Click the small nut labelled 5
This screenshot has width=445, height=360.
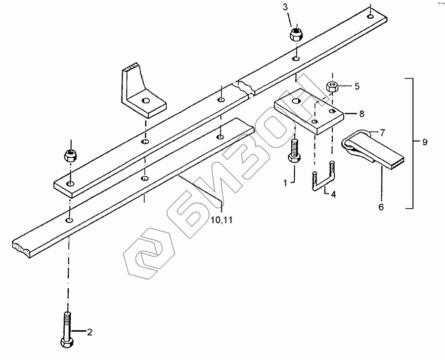click(332, 87)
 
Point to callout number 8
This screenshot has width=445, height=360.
click(361, 113)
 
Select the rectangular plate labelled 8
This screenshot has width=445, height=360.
click(309, 113)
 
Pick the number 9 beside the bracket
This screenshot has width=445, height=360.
click(425, 142)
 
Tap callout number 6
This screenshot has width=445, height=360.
click(381, 207)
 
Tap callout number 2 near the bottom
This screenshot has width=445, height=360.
click(89, 332)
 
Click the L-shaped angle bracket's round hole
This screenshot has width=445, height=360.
click(145, 101)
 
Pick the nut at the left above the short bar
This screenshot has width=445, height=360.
click(70, 155)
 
